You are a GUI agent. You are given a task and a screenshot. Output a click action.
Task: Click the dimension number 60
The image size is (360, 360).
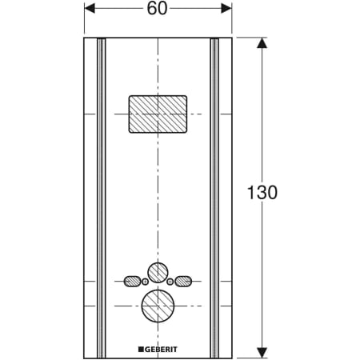click(x=157, y=8)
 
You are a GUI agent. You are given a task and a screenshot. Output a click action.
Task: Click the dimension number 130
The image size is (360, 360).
click(x=262, y=192)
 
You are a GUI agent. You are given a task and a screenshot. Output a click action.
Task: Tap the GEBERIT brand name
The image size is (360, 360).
click(x=158, y=350)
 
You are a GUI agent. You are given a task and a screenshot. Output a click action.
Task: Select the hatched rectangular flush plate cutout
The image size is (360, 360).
click(x=158, y=114)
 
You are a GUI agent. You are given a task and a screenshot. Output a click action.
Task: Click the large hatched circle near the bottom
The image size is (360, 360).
click(x=158, y=306)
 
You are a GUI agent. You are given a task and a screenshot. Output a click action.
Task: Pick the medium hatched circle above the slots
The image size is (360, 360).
click(x=158, y=273)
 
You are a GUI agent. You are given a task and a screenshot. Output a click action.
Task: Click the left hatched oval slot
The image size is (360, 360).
click(x=132, y=281)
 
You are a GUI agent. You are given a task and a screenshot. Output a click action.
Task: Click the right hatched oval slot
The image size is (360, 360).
click(x=183, y=281)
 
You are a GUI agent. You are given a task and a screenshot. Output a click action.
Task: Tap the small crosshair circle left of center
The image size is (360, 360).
click(x=145, y=282)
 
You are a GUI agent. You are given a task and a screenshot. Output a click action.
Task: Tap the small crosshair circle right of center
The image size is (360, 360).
click(x=170, y=282)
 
